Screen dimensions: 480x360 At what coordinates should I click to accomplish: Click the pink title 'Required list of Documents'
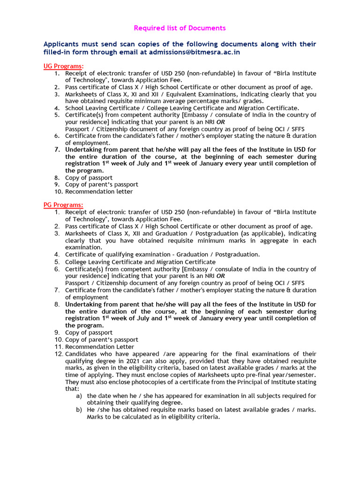tap(180, 28)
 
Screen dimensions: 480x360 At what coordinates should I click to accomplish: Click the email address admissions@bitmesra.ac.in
tap(195, 52)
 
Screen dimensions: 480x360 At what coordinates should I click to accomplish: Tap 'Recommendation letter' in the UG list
tap(99, 191)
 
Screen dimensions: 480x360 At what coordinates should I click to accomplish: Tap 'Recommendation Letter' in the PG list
tap(99, 346)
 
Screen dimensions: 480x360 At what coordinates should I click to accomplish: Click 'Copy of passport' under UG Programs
tap(89, 178)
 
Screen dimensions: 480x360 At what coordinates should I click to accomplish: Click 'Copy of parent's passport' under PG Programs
tap(102, 339)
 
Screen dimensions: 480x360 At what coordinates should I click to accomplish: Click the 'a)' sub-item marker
tap(79, 396)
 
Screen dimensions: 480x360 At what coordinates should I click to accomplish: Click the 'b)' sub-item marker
tap(79, 410)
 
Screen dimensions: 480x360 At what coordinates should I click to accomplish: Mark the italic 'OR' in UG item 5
tap(220, 122)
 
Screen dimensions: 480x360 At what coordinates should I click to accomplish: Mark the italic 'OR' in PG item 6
tap(220, 276)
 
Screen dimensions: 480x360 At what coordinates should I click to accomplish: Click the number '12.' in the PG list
tap(58, 353)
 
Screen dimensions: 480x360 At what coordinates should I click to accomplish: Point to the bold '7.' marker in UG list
tap(57, 150)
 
